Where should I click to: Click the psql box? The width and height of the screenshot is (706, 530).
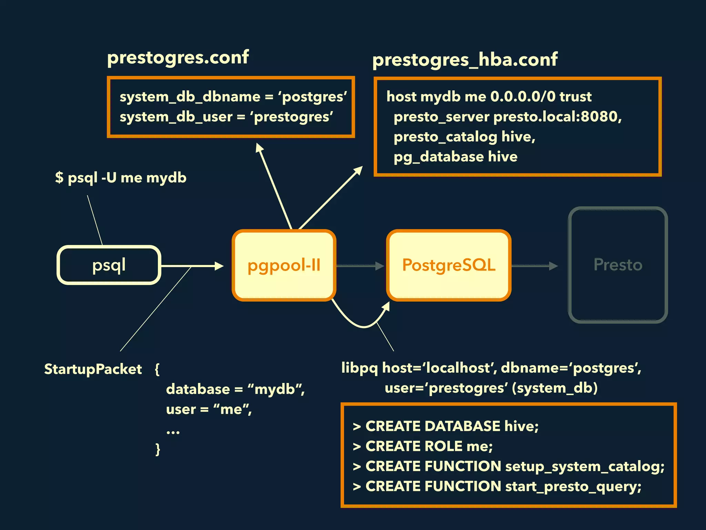coord(109,265)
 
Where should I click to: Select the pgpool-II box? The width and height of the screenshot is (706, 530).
coord(284,265)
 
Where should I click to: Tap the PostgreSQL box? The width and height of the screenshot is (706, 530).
coord(448,265)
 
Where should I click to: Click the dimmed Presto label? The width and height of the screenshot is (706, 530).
coord(618,265)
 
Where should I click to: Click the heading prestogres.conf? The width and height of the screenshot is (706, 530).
coord(178,57)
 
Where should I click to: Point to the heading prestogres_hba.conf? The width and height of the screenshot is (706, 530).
coord(465,60)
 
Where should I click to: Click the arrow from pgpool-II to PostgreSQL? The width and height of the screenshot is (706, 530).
coord(360,266)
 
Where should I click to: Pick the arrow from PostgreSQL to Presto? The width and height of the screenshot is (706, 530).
coord(534,266)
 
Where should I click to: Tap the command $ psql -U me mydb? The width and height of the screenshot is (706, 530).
coord(121,178)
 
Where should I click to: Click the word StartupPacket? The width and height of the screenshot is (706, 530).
coord(93,369)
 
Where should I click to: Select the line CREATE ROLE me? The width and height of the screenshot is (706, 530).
coord(423,446)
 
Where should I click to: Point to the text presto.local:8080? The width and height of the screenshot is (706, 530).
coord(557,117)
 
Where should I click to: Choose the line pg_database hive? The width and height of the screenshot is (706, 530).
coord(455,157)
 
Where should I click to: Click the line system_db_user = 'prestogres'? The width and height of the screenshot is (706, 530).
coord(226,117)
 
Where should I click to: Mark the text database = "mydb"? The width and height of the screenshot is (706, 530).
coord(235,389)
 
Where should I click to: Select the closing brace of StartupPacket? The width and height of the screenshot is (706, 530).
coord(158,450)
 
